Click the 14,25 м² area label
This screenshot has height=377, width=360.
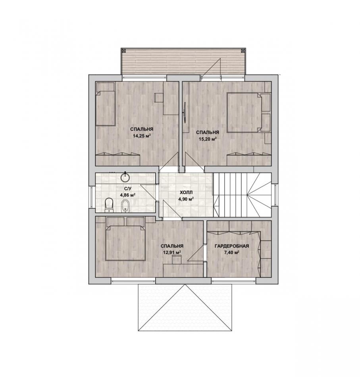pos(142,136)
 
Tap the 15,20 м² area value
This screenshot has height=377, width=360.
pos(208,139)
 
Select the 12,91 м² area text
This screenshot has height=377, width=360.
pos(172,252)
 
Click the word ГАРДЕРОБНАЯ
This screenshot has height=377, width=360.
pos(231,246)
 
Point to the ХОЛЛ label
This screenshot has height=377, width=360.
pos(186,192)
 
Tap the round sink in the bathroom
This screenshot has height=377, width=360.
pos(125,177)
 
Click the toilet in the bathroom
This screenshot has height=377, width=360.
pos(109,205)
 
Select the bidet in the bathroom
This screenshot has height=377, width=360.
pos(125,206)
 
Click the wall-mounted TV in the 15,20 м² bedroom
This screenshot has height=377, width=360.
pos(185,113)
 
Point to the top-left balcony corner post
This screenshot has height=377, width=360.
pos(123,51)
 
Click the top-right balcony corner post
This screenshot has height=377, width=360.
pos(243,51)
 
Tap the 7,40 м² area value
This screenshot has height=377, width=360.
pos(231,252)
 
